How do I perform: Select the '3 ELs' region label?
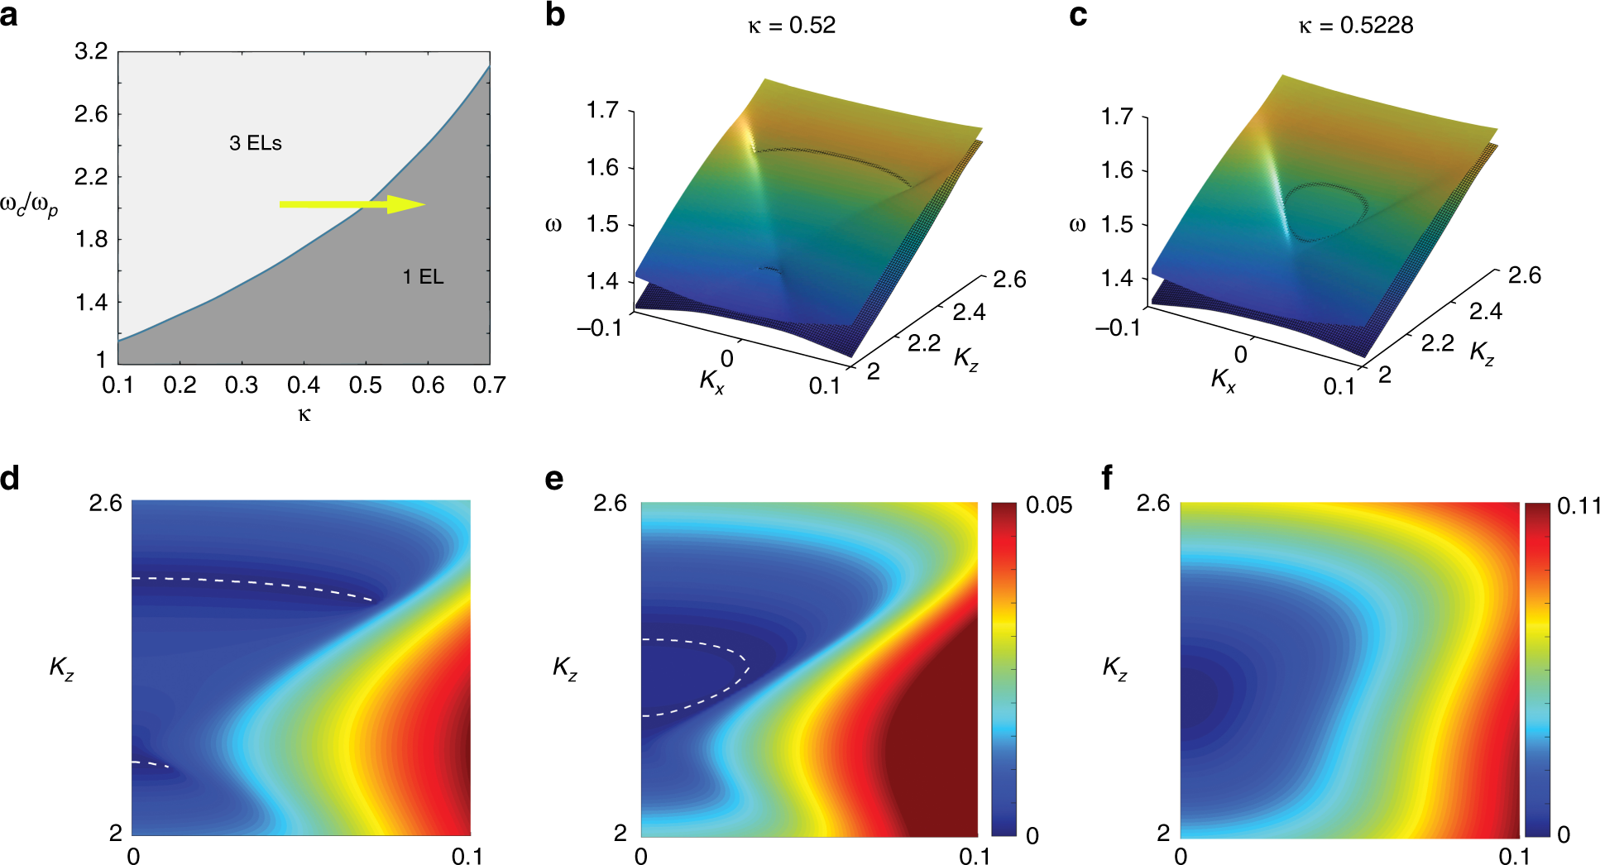pos(256,143)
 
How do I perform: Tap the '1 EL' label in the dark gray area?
pos(423,277)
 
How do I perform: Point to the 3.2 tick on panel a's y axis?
pos(91,52)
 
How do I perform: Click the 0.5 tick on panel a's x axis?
pos(366,385)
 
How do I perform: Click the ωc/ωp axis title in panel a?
pos(29,207)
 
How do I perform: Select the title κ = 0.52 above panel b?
pos(792,26)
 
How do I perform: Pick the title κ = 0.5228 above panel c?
pos(1355,26)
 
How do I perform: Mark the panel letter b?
pos(555,15)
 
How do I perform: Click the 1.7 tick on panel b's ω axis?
pos(602,110)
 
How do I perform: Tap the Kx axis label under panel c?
pos(1223,380)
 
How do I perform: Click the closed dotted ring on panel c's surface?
pos(1324,212)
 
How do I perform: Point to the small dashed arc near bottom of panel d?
pos(151,764)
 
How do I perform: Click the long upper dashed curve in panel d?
pos(256,584)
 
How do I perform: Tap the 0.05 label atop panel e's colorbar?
pos(1048,505)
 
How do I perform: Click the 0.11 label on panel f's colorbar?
pos(1578,506)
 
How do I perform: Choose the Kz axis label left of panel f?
pos(1114,668)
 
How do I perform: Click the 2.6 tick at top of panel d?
pos(105,503)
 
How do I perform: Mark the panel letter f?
pos(1107,478)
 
